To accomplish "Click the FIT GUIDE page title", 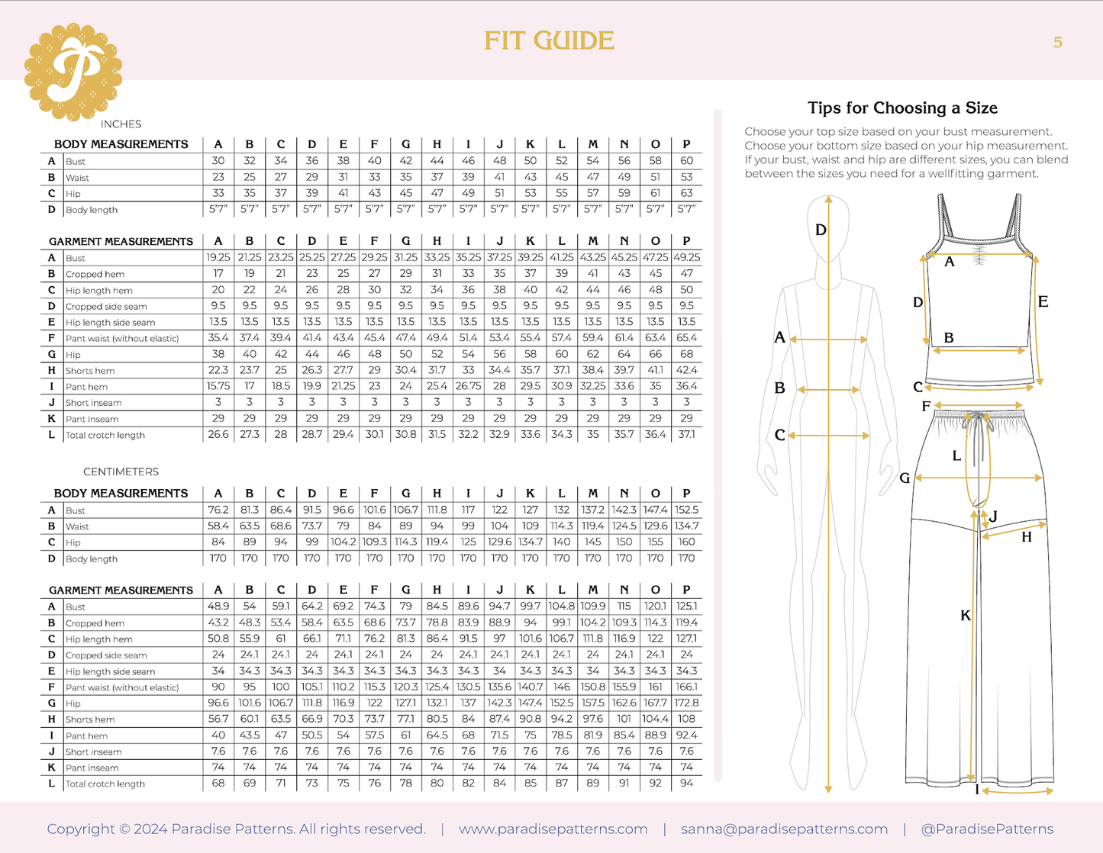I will coord(549,41).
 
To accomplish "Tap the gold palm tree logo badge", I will coord(73,72).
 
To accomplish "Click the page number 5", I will coord(1057,43).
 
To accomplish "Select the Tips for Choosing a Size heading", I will coord(902,108).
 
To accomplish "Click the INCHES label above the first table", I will coord(121,124).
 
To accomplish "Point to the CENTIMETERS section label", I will coord(121,472).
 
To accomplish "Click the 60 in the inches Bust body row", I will coord(686,161).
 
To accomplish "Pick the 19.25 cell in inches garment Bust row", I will coord(218,258).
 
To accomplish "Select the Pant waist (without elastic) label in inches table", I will coord(122,338).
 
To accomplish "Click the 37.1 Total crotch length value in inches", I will coord(686,434).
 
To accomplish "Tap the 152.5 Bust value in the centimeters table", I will coord(686,510).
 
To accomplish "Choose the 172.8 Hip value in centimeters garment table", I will coord(686,703).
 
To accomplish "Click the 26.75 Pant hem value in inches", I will coord(468,386).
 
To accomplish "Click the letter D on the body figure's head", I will coord(821,230).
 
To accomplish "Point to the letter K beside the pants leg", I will coord(966,615).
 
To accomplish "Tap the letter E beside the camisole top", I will coord(1043,301).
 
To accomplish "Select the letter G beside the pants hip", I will coord(905,478).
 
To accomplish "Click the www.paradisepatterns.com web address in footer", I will coord(553,829).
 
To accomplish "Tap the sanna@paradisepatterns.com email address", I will coord(784,829).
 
